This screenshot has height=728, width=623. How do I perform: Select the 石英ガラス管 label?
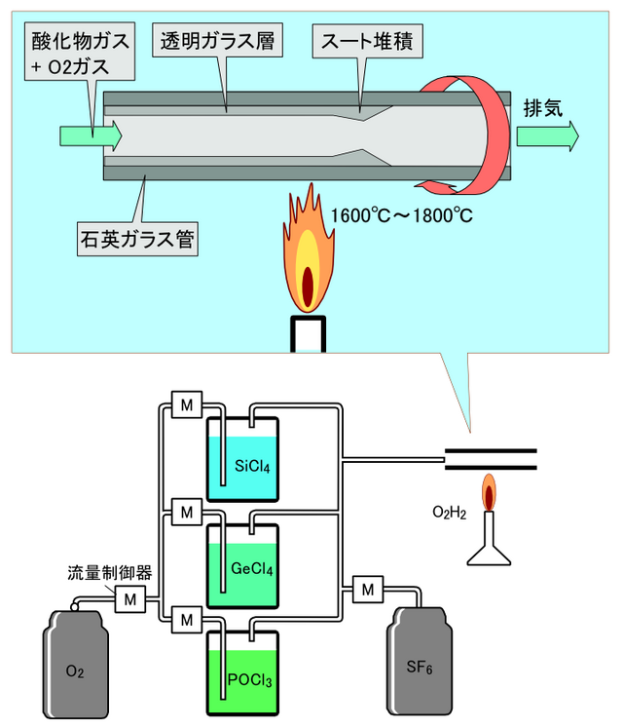click(136, 237)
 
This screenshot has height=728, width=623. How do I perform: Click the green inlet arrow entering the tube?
click(91, 135)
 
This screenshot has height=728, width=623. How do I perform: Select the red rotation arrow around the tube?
click(479, 136)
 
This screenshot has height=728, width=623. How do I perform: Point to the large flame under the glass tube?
click(309, 258)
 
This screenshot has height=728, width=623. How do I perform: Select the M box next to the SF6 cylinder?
click(367, 589)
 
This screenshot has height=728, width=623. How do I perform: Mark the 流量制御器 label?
click(109, 572)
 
